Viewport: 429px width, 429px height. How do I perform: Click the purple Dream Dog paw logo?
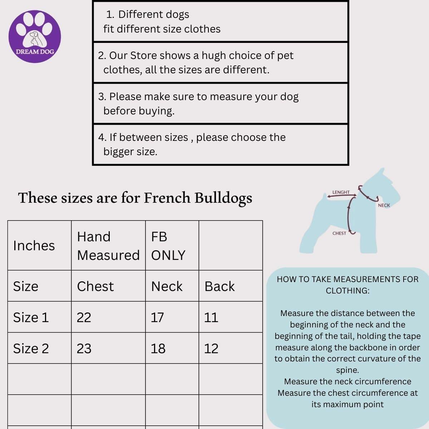pos(35,36)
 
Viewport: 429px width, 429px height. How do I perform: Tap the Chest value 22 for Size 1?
pos(84,317)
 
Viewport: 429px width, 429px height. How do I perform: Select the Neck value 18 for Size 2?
pos(158,349)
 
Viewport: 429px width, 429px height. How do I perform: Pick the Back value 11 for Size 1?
pos(211,317)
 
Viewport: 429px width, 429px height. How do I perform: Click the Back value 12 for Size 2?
pos(211,349)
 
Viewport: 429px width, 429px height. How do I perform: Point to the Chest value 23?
pos(84,349)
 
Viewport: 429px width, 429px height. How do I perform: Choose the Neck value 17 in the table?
pos(157,317)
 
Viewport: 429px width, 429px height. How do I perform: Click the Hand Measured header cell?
pos(108,246)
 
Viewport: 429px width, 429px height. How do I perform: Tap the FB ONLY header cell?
pos(168,246)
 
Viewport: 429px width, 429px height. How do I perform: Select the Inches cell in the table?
pos(34,246)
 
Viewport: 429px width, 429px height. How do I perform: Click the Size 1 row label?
pos(31,317)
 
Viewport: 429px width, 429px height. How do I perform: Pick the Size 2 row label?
pos(31,349)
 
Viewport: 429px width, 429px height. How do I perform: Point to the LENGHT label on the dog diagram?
pos(341,192)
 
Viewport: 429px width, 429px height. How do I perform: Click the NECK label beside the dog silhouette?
pos(384,205)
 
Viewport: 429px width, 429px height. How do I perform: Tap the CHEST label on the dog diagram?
pos(339,233)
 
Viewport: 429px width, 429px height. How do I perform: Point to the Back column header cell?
pos(220,286)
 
